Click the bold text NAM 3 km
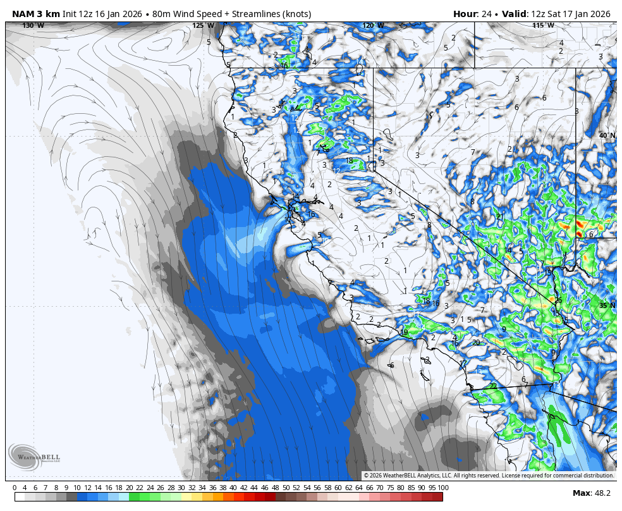[35, 14]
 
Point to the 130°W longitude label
[34, 25]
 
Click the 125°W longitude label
[203, 25]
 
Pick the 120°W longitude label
[373, 25]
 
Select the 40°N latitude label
[607, 135]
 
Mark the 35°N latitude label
[607, 305]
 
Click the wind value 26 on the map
[558, 300]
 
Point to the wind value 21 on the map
[500, 216]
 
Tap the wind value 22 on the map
[493, 386]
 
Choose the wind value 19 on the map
[404, 332]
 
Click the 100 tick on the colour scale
[443, 488]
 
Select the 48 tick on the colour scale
[276, 488]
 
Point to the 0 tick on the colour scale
[15, 488]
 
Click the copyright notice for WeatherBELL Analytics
[489, 476]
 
